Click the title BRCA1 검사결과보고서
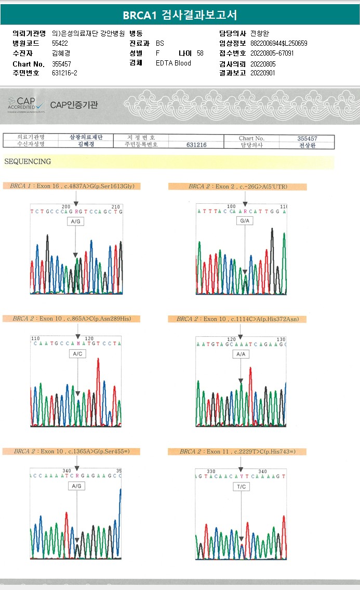(180, 15)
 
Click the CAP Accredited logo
(26, 104)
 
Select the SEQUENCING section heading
(28, 162)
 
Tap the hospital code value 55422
(60, 43)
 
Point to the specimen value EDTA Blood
(174, 63)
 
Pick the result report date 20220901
(262, 73)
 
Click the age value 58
(200, 53)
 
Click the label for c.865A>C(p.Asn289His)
(72, 318)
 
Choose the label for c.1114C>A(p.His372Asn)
(237, 319)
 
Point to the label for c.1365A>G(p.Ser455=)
(71, 451)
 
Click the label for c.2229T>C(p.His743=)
(237, 451)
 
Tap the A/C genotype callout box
(76, 353)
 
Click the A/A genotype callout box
(241, 354)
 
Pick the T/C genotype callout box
(242, 487)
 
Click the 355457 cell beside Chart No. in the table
(307, 138)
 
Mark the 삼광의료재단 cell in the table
(86, 137)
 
